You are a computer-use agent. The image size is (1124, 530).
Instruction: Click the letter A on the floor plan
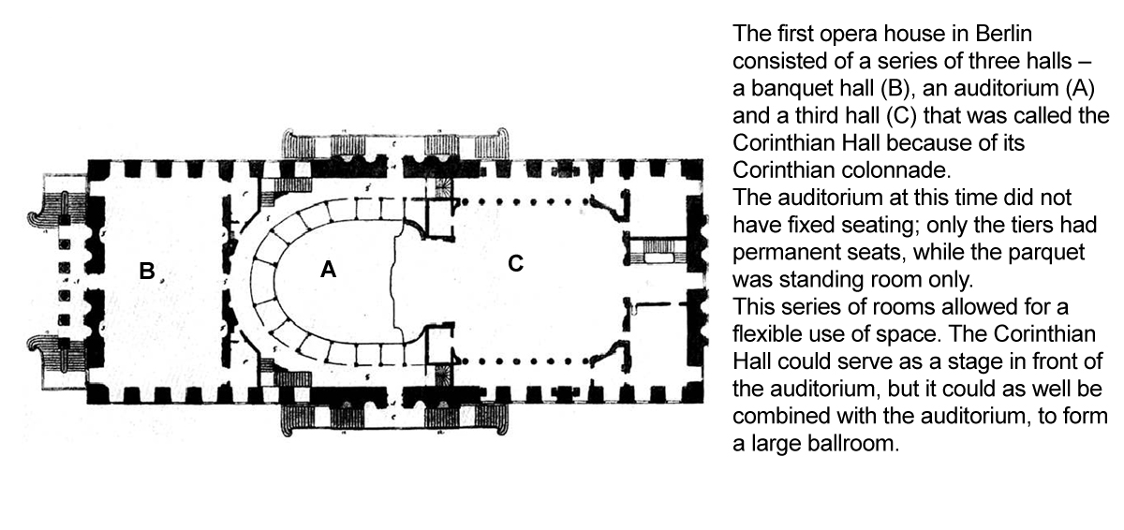[x=328, y=270]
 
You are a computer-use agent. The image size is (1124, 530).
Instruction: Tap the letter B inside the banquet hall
[x=146, y=272]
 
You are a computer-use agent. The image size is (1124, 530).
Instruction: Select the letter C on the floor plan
[x=515, y=264]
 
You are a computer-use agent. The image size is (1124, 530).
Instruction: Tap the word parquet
[x=1051, y=253]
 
